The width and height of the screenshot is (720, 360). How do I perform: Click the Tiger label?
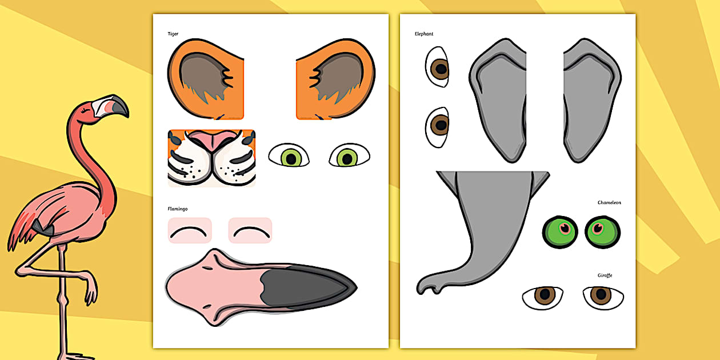point(173,34)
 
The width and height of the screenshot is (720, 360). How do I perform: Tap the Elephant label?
point(424,34)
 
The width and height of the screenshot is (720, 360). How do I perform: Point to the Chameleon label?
point(609,202)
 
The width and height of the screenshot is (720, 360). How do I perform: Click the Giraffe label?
point(605,275)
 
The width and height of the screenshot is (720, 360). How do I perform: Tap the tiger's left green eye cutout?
point(289,155)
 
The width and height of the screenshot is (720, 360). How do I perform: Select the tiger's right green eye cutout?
point(349,155)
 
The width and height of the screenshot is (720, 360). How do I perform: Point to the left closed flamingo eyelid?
point(190,231)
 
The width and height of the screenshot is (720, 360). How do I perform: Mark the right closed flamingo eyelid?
point(250,231)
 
